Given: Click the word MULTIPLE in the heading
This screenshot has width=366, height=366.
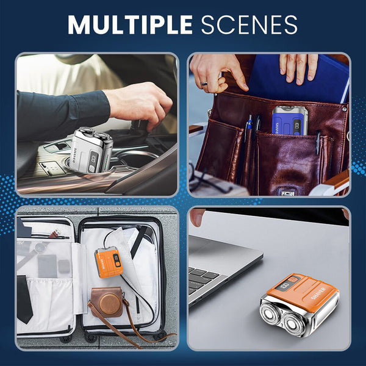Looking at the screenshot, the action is (131, 24).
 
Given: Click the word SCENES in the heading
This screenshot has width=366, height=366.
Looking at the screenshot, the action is (249, 24).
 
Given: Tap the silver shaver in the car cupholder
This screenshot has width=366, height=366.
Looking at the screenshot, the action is (91, 149).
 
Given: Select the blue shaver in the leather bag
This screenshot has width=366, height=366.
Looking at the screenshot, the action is (290, 120).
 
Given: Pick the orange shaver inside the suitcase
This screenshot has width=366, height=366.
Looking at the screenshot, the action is (109, 262).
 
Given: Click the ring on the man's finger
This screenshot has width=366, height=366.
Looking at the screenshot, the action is (204, 84).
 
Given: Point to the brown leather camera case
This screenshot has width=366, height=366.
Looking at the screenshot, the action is (107, 303).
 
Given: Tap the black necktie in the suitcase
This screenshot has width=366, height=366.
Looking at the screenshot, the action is (24, 300).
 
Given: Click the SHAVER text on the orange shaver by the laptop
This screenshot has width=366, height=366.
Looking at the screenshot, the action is (318, 293).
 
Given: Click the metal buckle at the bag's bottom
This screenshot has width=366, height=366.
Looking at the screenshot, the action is (287, 193).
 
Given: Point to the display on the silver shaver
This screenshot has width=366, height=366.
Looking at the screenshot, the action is (93, 158).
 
